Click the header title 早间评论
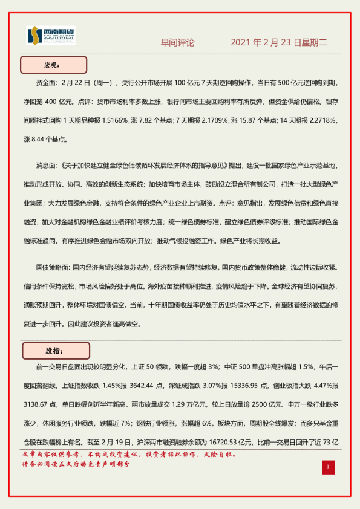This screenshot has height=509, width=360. [x=177, y=43]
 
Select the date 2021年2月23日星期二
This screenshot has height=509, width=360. [x=279, y=43]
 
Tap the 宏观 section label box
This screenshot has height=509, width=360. [x=54, y=65]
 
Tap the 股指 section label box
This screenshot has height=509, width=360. [x=55, y=351]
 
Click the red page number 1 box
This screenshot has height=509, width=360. [x=327, y=467]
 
